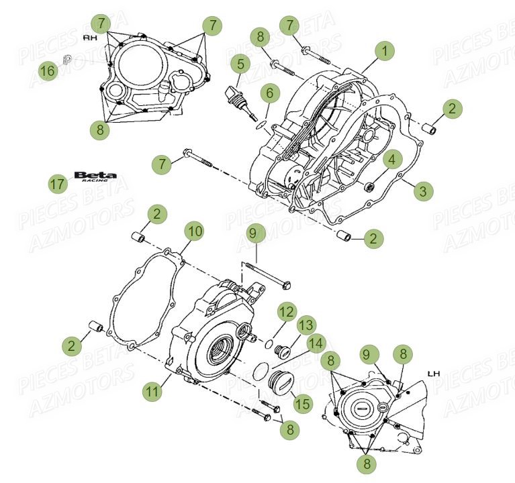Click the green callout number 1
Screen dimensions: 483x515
tap(385, 50)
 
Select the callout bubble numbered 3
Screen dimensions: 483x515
tap(422, 191)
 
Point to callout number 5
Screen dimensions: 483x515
tap(240, 64)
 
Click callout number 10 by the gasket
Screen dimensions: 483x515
tap(194, 232)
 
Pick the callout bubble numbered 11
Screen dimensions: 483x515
tap(154, 392)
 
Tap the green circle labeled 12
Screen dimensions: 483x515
tap(287, 312)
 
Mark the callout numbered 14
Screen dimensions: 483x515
tap(316, 343)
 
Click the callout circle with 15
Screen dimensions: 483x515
tap(303, 402)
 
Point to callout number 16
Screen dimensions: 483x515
tap(48, 70)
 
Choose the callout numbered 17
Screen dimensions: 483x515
tap(58, 183)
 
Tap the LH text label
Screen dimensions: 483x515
tap(432, 373)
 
